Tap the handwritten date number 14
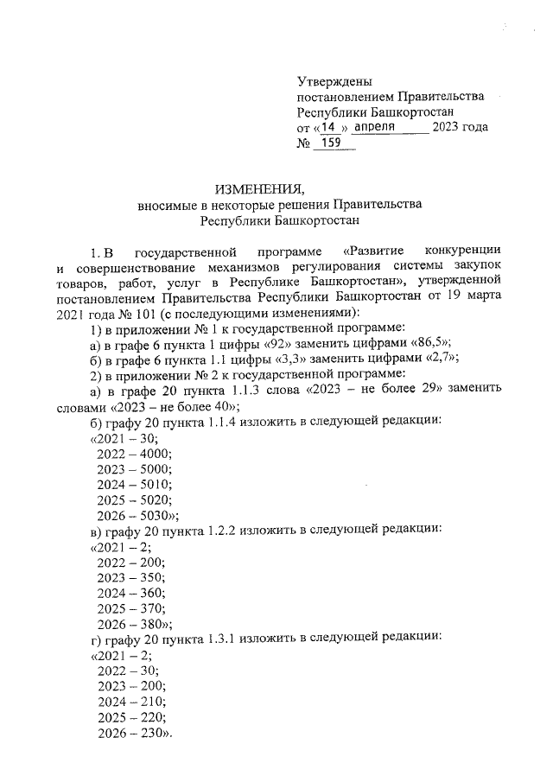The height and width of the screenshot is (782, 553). (x=330, y=127)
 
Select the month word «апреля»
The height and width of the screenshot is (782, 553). (x=375, y=127)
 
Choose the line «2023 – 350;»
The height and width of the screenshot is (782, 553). (x=130, y=576)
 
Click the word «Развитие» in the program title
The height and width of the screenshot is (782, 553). (x=375, y=252)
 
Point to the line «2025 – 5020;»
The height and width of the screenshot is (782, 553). (x=134, y=499)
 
